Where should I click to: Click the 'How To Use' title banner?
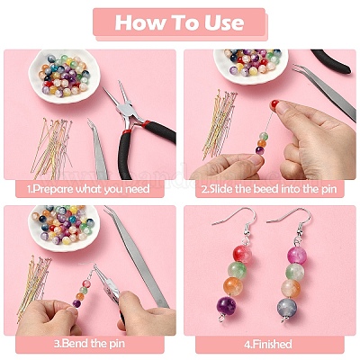pos(180,23)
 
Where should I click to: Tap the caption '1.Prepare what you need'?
pos(88,189)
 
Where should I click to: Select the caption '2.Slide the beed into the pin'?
pos(269,189)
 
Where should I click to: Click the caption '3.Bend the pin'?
pos(89,344)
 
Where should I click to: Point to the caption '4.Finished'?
pos(268,344)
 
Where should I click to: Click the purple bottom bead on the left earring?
pos(227,306)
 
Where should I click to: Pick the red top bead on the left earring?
pos(242,254)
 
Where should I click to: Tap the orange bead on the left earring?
pos(233,286)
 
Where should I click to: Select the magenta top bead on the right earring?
pos(297,255)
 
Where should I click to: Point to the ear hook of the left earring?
pos(237,219)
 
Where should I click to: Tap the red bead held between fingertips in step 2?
pos(274,104)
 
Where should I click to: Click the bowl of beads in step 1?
pos(64,76)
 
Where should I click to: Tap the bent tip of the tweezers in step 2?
pos(296,68)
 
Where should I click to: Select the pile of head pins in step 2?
pos(220,123)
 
